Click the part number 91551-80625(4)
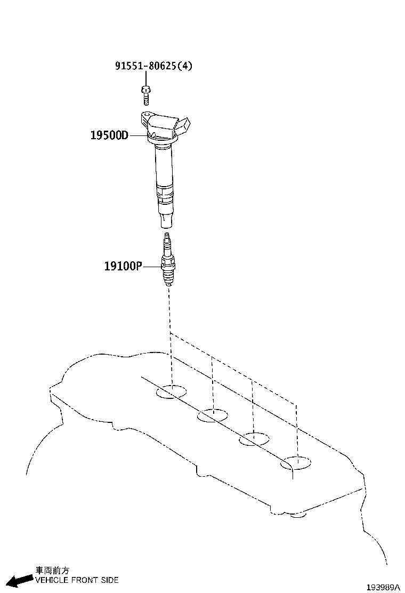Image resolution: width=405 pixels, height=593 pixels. click(153, 66)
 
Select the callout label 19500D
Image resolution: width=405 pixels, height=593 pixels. click(110, 135)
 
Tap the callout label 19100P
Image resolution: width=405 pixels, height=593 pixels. click(123, 266)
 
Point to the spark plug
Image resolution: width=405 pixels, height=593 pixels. click(167, 260)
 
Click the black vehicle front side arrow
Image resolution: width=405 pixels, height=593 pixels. click(20, 580)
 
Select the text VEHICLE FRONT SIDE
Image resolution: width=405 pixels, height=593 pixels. click(77, 580)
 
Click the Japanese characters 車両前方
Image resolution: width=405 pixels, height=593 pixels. click(52, 570)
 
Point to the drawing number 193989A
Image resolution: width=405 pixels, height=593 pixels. click(383, 587)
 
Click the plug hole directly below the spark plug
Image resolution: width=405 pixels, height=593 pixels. click(172, 392)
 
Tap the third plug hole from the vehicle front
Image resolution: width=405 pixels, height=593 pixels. click(254, 439)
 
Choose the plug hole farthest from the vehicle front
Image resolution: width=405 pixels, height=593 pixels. click(296, 463)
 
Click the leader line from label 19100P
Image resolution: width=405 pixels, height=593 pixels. click(152, 267)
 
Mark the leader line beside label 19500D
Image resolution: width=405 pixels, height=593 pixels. click(138, 135)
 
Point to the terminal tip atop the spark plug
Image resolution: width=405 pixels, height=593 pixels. click(167, 236)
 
